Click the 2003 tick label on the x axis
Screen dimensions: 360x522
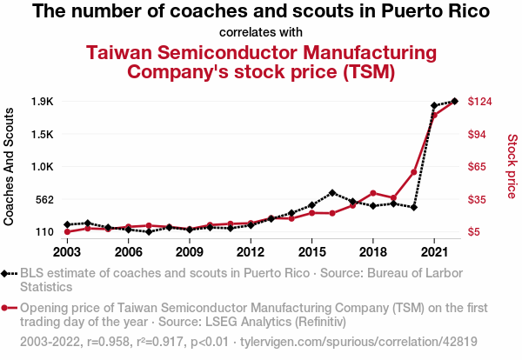coord(67,252)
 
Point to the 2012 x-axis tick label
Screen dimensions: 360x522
coord(251,252)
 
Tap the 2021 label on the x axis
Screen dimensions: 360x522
coord(434,252)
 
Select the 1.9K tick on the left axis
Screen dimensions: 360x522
coord(42,102)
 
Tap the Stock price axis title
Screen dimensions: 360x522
coord(512,165)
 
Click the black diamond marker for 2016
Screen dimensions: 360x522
coord(332,192)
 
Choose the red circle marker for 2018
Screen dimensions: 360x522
coord(373,193)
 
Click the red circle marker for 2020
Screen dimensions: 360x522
coord(414,172)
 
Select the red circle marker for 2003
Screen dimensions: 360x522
coord(67,231)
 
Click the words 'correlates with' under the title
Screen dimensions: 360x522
coord(261,32)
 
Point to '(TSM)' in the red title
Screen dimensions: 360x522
coord(361,70)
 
